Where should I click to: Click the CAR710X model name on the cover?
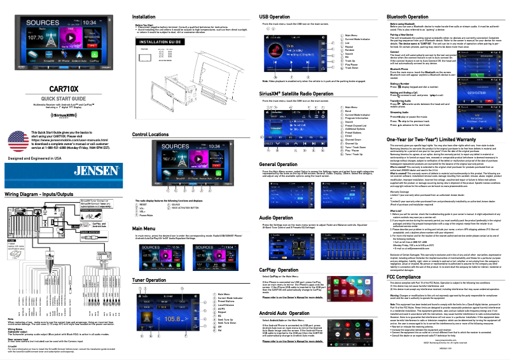pos(64,88)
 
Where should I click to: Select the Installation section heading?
pos(144,15)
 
